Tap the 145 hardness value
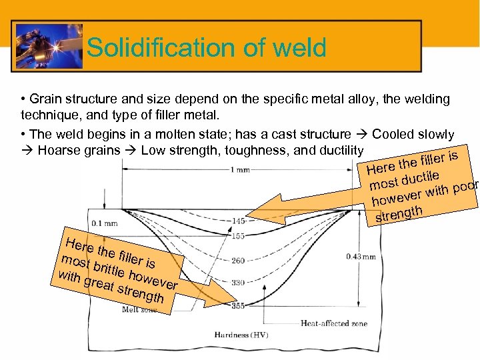[238, 221]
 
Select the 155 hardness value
[238, 235]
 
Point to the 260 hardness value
[238, 261]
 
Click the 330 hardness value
[238, 283]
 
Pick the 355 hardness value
[238, 305]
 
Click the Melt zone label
[139, 309]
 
